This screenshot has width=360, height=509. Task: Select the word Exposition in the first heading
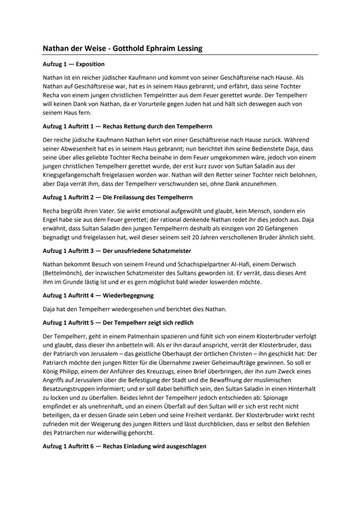(90, 64)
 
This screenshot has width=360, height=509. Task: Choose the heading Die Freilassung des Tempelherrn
(148, 197)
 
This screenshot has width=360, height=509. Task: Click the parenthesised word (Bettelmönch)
(63, 273)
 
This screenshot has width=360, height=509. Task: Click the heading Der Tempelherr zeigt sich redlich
(148, 323)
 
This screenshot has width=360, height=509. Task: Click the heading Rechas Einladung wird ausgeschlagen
(154, 446)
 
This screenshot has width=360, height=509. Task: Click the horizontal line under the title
(180, 55)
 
